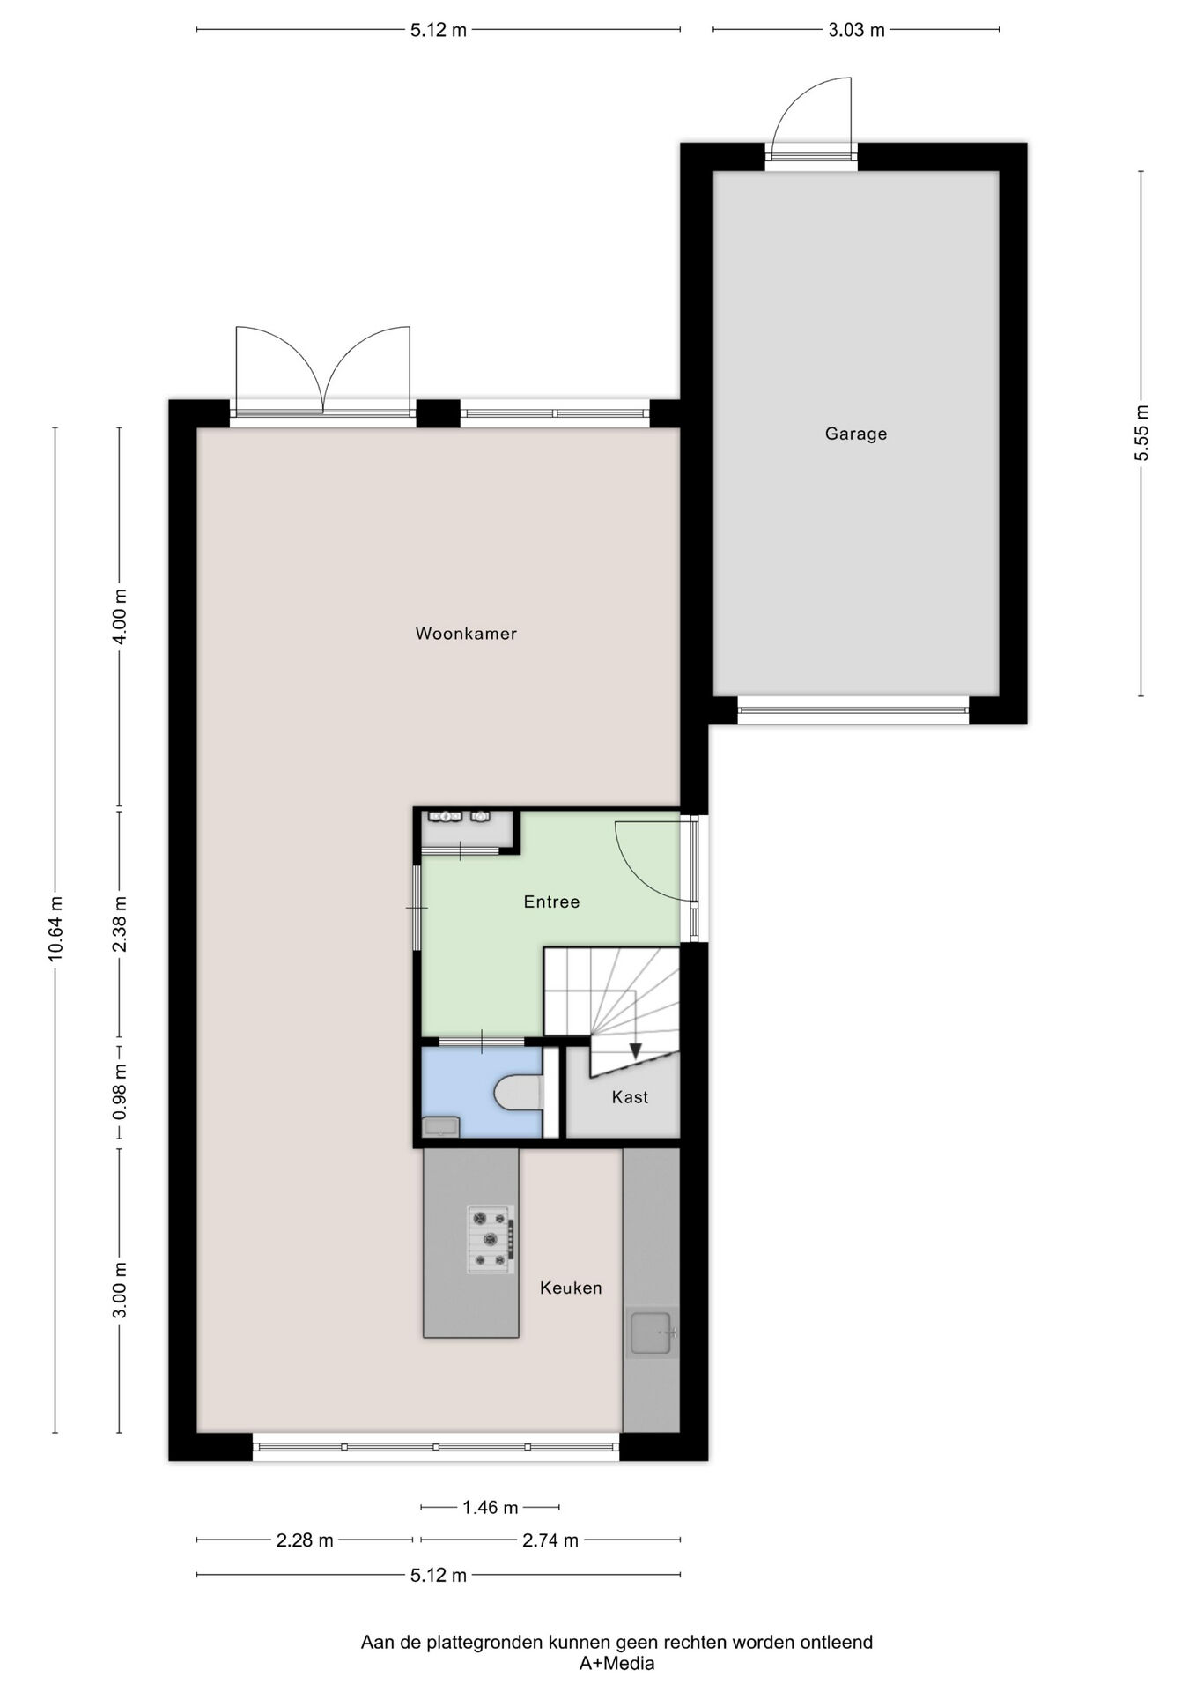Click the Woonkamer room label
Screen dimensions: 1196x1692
[x=466, y=634]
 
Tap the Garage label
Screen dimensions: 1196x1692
[x=855, y=434]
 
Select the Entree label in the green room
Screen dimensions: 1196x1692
[x=551, y=902]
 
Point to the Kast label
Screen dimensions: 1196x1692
[x=630, y=1097]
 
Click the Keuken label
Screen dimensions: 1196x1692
[x=571, y=1288]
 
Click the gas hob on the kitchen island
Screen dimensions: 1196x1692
[x=491, y=1239]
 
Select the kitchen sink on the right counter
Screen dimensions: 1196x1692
[x=652, y=1332]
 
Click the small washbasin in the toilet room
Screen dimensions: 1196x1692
[x=440, y=1125]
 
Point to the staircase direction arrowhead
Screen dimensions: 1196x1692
[x=636, y=1050]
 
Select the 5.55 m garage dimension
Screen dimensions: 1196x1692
[x=1141, y=433]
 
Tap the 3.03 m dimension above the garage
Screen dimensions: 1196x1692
[x=856, y=31]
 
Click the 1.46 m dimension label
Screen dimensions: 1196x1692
[x=491, y=1508]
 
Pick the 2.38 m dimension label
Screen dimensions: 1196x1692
[x=120, y=924]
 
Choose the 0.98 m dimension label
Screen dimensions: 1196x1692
[x=120, y=1092]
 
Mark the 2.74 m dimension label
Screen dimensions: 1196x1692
[x=550, y=1540]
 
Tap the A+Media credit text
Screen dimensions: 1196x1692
[x=616, y=1664]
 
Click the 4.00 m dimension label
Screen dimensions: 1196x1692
[x=120, y=617]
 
